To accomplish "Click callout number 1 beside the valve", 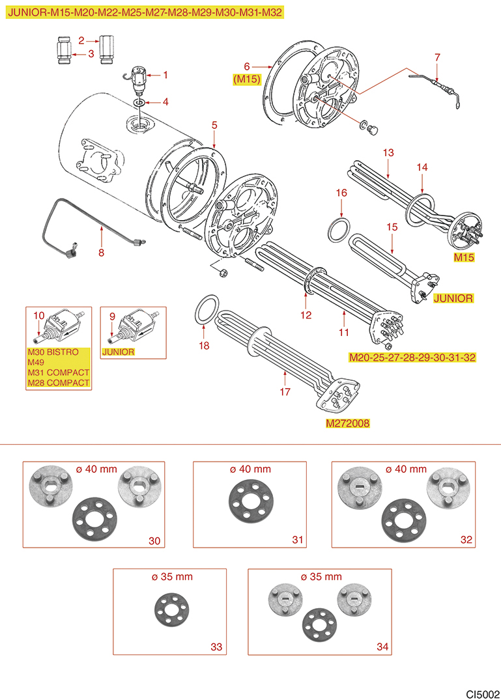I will tap(165, 75).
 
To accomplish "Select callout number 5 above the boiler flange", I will tap(214, 124).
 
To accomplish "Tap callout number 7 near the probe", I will tap(437, 57).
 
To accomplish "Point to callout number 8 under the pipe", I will tap(101, 253).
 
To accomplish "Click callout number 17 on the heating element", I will tap(285, 393).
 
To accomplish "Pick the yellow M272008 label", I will tap(348, 423).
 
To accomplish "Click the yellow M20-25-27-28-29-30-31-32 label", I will tap(412, 357).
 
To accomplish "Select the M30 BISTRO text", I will tap(53, 352).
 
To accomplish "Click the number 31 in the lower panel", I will tap(298, 540).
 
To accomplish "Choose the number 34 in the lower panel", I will tap(382, 647).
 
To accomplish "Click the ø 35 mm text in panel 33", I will tap(170, 576).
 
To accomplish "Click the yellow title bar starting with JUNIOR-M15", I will tap(145, 12).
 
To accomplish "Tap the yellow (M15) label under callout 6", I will tap(247, 79).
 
